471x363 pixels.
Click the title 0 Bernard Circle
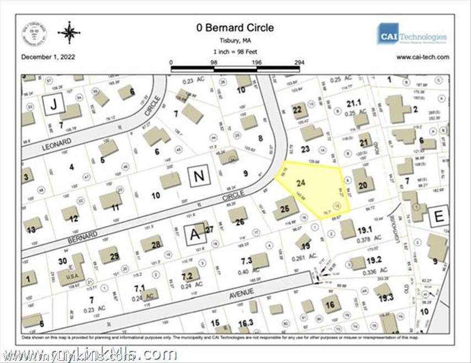coord(235,28)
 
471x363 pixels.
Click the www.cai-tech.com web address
coord(422,57)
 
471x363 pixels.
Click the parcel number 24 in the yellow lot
coord(301,182)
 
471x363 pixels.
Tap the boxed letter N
coord(198,176)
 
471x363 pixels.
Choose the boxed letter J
coord(54,104)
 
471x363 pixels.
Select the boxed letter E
coord(439,215)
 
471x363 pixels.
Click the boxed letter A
coord(194,234)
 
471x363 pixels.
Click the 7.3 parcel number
coord(246,260)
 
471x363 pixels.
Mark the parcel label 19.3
coord(385,298)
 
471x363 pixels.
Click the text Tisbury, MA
coord(235,40)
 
